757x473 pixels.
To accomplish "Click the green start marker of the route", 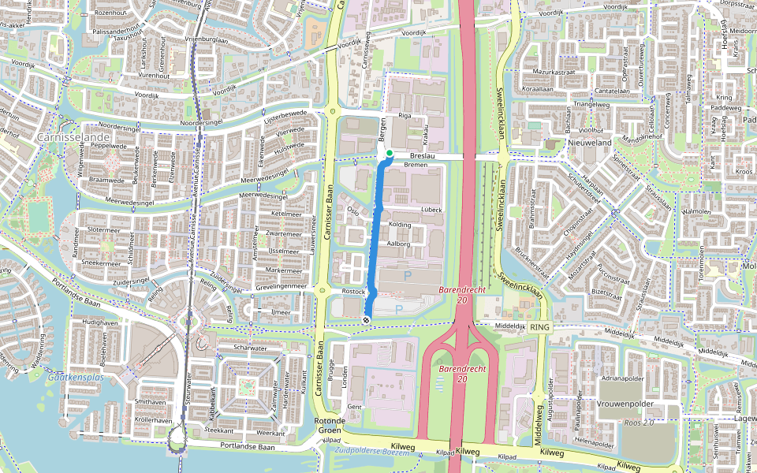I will point(390,154).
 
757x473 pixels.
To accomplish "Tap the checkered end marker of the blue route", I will point(367,319).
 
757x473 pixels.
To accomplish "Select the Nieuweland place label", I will point(590,143).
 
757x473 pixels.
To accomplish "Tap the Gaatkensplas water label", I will point(76,378).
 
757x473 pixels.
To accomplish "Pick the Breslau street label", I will point(423,156).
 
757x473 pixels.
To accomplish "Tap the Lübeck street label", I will point(431,210).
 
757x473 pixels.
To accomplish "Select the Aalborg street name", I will point(397,244).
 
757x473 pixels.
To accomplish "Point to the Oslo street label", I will point(352,211).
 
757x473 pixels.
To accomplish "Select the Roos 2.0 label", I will point(639,423).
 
